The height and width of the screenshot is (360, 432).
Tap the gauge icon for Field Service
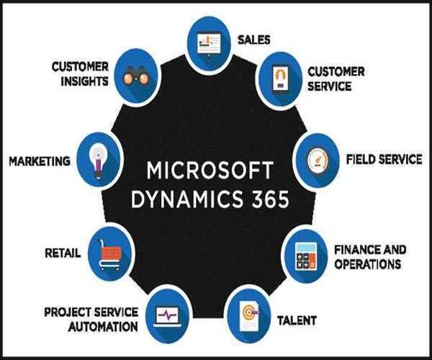pos(318,158)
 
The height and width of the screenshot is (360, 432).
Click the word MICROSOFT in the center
pos(210,172)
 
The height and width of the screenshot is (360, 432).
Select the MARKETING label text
pos(39,161)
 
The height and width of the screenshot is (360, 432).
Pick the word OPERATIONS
pos(367,264)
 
